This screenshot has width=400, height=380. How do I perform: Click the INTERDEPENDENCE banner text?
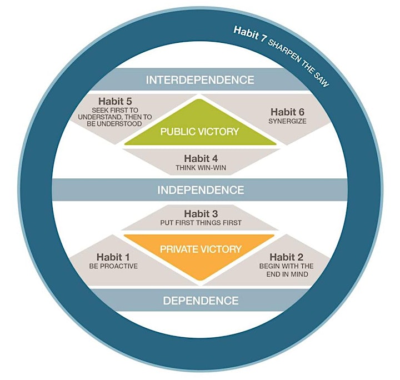point(200,80)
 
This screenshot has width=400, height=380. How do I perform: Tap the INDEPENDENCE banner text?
point(201,190)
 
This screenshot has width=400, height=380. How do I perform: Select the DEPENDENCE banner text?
point(201,301)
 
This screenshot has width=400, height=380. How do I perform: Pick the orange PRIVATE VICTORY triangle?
point(199,252)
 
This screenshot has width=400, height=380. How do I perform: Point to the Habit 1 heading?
point(113,257)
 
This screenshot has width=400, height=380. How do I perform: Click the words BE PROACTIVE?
point(113,266)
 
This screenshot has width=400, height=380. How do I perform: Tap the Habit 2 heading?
point(286,257)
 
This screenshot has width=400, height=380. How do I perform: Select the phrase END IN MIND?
point(287,274)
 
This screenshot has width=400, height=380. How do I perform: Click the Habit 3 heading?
point(201,213)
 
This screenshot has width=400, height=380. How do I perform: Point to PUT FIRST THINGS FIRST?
point(201,223)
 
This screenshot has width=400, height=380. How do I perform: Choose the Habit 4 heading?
point(201,158)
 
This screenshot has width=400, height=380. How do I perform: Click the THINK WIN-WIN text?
point(201,168)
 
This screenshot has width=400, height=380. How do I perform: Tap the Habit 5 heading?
point(115,101)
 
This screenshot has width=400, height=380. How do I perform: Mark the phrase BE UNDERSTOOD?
point(114,124)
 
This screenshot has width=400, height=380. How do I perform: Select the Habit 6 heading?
point(287,112)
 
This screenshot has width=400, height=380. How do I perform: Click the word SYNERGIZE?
point(287,121)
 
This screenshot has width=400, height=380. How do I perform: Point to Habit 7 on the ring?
point(250,33)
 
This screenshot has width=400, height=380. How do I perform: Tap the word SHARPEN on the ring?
point(284,51)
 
